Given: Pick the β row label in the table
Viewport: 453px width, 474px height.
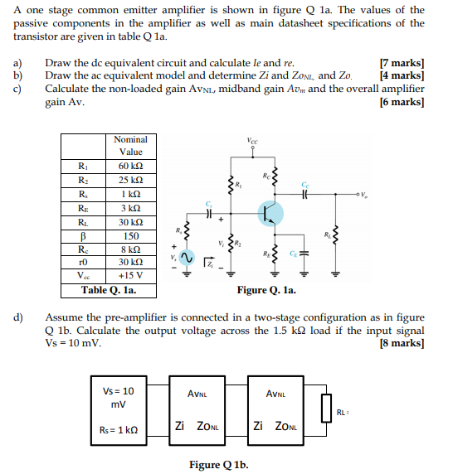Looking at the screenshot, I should (81, 235).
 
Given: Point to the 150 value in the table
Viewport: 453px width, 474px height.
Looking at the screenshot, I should (130, 235).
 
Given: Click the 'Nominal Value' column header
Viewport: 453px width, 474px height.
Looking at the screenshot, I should (130, 146).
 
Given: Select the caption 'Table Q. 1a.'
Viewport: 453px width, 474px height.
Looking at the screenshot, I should (108, 291).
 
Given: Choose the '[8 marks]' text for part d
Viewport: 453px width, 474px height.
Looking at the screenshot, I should (402, 342).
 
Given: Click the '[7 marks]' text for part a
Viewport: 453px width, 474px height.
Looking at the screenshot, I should (402, 63).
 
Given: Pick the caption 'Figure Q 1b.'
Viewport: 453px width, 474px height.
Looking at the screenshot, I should (217, 464).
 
